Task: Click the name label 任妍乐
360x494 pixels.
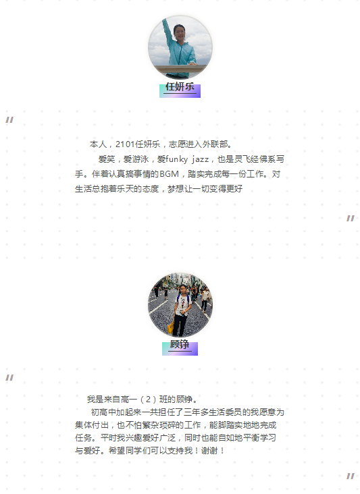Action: tap(180, 87)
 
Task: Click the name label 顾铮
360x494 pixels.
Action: tap(180, 344)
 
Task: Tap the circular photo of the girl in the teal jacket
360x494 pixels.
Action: tap(180, 47)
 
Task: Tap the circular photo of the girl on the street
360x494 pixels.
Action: tap(180, 305)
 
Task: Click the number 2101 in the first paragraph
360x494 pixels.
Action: tap(125, 144)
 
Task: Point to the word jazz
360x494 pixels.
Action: tap(201, 159)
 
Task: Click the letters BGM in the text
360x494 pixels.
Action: tap(169, 174)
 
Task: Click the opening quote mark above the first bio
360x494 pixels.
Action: tap(9, 119)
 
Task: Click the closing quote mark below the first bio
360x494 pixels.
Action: tap(351, 219)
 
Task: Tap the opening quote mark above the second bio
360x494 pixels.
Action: tap(9, 377)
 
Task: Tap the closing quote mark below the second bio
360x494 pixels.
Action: tap(351, 476)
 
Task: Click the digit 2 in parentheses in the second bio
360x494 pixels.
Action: tap(148, 400)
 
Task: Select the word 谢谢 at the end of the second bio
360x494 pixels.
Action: tap(209, 451)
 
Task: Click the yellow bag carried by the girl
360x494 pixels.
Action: tap(170, 328)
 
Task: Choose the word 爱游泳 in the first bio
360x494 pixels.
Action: tap(136, 159)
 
